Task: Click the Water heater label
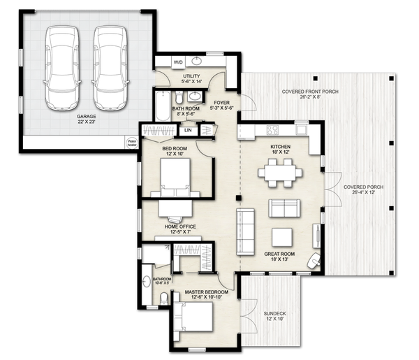(132, 141)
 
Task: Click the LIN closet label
(189, 130)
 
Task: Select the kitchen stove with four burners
(272, 129)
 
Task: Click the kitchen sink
(301, 129)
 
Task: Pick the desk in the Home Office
(175, 208)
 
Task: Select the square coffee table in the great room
(282, 238)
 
